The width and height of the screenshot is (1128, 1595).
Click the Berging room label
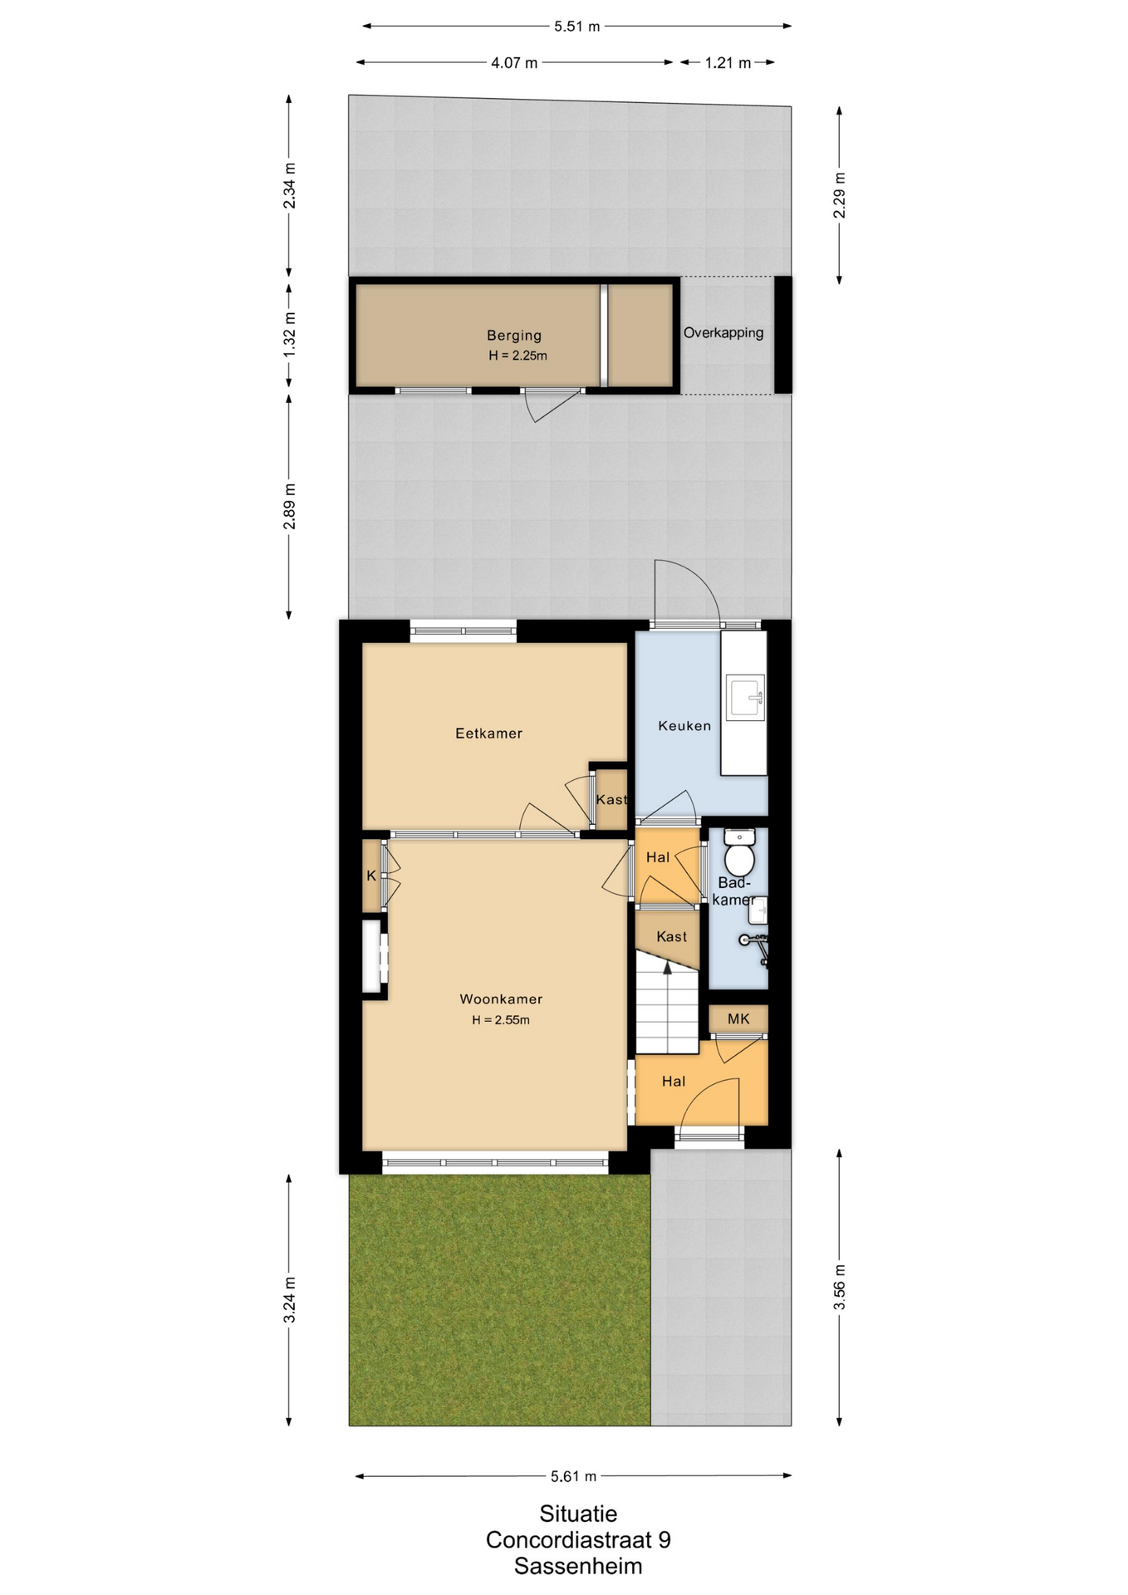pyautogui.click(x=513, y=336)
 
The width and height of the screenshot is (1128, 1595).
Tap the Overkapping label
pyautogui.click(x=723, y=333)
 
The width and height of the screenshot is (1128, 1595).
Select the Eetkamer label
pyautogui.click(x=488, y=734)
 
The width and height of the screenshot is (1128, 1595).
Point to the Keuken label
pyautogui.click(x=684, y=726)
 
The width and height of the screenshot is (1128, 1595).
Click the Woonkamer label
pyautogui.click(x=501, y=999)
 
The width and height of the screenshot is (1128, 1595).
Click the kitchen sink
pyautogui.click(x=745, y=697)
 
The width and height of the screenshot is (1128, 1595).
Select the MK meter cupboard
pyautogui.click(x=738, y=1019)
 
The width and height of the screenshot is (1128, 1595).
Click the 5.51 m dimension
pyautogui.click(x=577, y=27)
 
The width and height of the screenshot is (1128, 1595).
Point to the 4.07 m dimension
pyautogui.click(x=514, y=63)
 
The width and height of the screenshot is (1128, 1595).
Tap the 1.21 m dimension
pyautogui.click(x=728, y=63)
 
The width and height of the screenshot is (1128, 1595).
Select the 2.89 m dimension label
pyautogui.click(x=289, y=506)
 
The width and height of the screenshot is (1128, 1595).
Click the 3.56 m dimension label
pyautogui.click(x=840, y=1287)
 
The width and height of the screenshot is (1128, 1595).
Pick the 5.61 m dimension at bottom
pyautogui.click(x=573, y=1476)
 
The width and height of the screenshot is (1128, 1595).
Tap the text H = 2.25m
pyautogui.click(x=517, y=356)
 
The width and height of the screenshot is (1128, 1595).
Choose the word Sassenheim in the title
pyautogui.click(x=578, y=1567)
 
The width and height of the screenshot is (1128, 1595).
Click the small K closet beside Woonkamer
pyautogui.click(x=371, y=876)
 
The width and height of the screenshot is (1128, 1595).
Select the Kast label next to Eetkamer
pyautogui.click(x=611, y=800)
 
